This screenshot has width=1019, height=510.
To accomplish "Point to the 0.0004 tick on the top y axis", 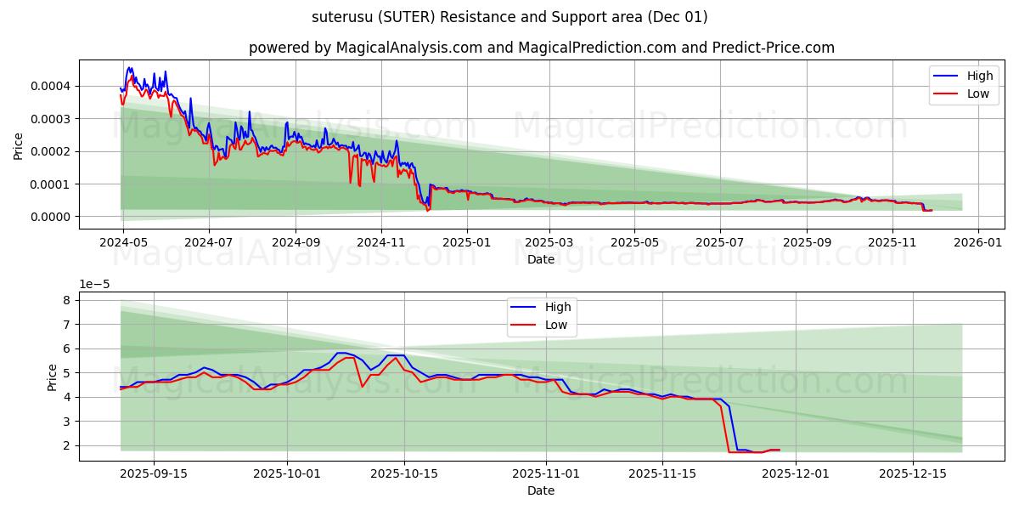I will click(x=51, y=86).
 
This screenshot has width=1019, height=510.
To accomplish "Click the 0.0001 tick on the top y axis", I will click(x=51, y=184).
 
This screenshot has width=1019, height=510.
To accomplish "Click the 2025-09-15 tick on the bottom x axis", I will click(x=154, y=473).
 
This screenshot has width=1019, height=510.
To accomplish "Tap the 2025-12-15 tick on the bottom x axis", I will click(x=912, y=473).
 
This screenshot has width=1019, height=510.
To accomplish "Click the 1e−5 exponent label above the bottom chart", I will click(x=95, y=285).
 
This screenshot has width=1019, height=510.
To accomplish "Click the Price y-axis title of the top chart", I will click(x=19, y=146).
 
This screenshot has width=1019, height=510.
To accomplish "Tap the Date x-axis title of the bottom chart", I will click(x=541, y=490).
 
